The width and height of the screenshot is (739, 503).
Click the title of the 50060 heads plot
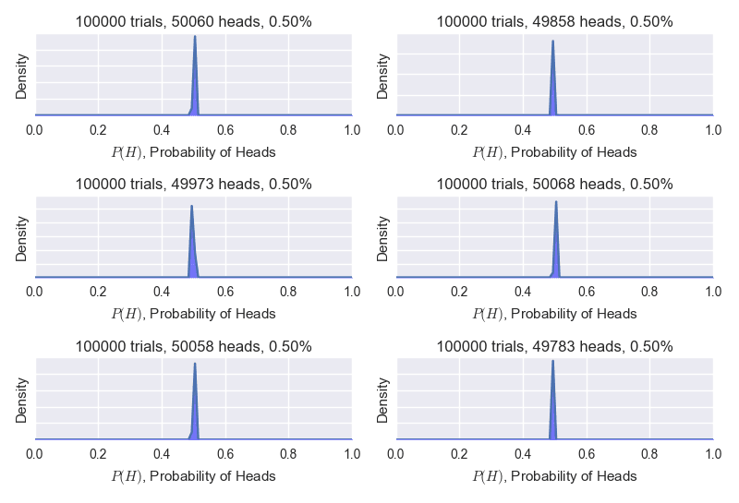click(x=194, y=21)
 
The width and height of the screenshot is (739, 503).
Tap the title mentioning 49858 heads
click(x=554, y=21)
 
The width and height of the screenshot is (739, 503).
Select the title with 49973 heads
click(x=194, y=184)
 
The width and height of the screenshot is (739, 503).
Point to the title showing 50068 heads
click(x=554, y=184)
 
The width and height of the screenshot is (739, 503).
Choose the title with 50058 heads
click(x=194, y=346)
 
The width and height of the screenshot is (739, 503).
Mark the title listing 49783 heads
click(x=554, y=346)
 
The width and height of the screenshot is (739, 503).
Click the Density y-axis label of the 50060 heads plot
click(x=22, y=75)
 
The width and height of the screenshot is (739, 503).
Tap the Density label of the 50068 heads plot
click(x=383, y=237)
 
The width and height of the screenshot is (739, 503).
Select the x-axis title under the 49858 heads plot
click(x=554, y=151)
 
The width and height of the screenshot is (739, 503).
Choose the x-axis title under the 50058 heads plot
click(x=194, y=476)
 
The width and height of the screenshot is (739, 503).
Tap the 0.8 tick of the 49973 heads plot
click(x=289, y=293)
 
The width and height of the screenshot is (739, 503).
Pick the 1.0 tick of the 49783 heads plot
click(x=713, y=455)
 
